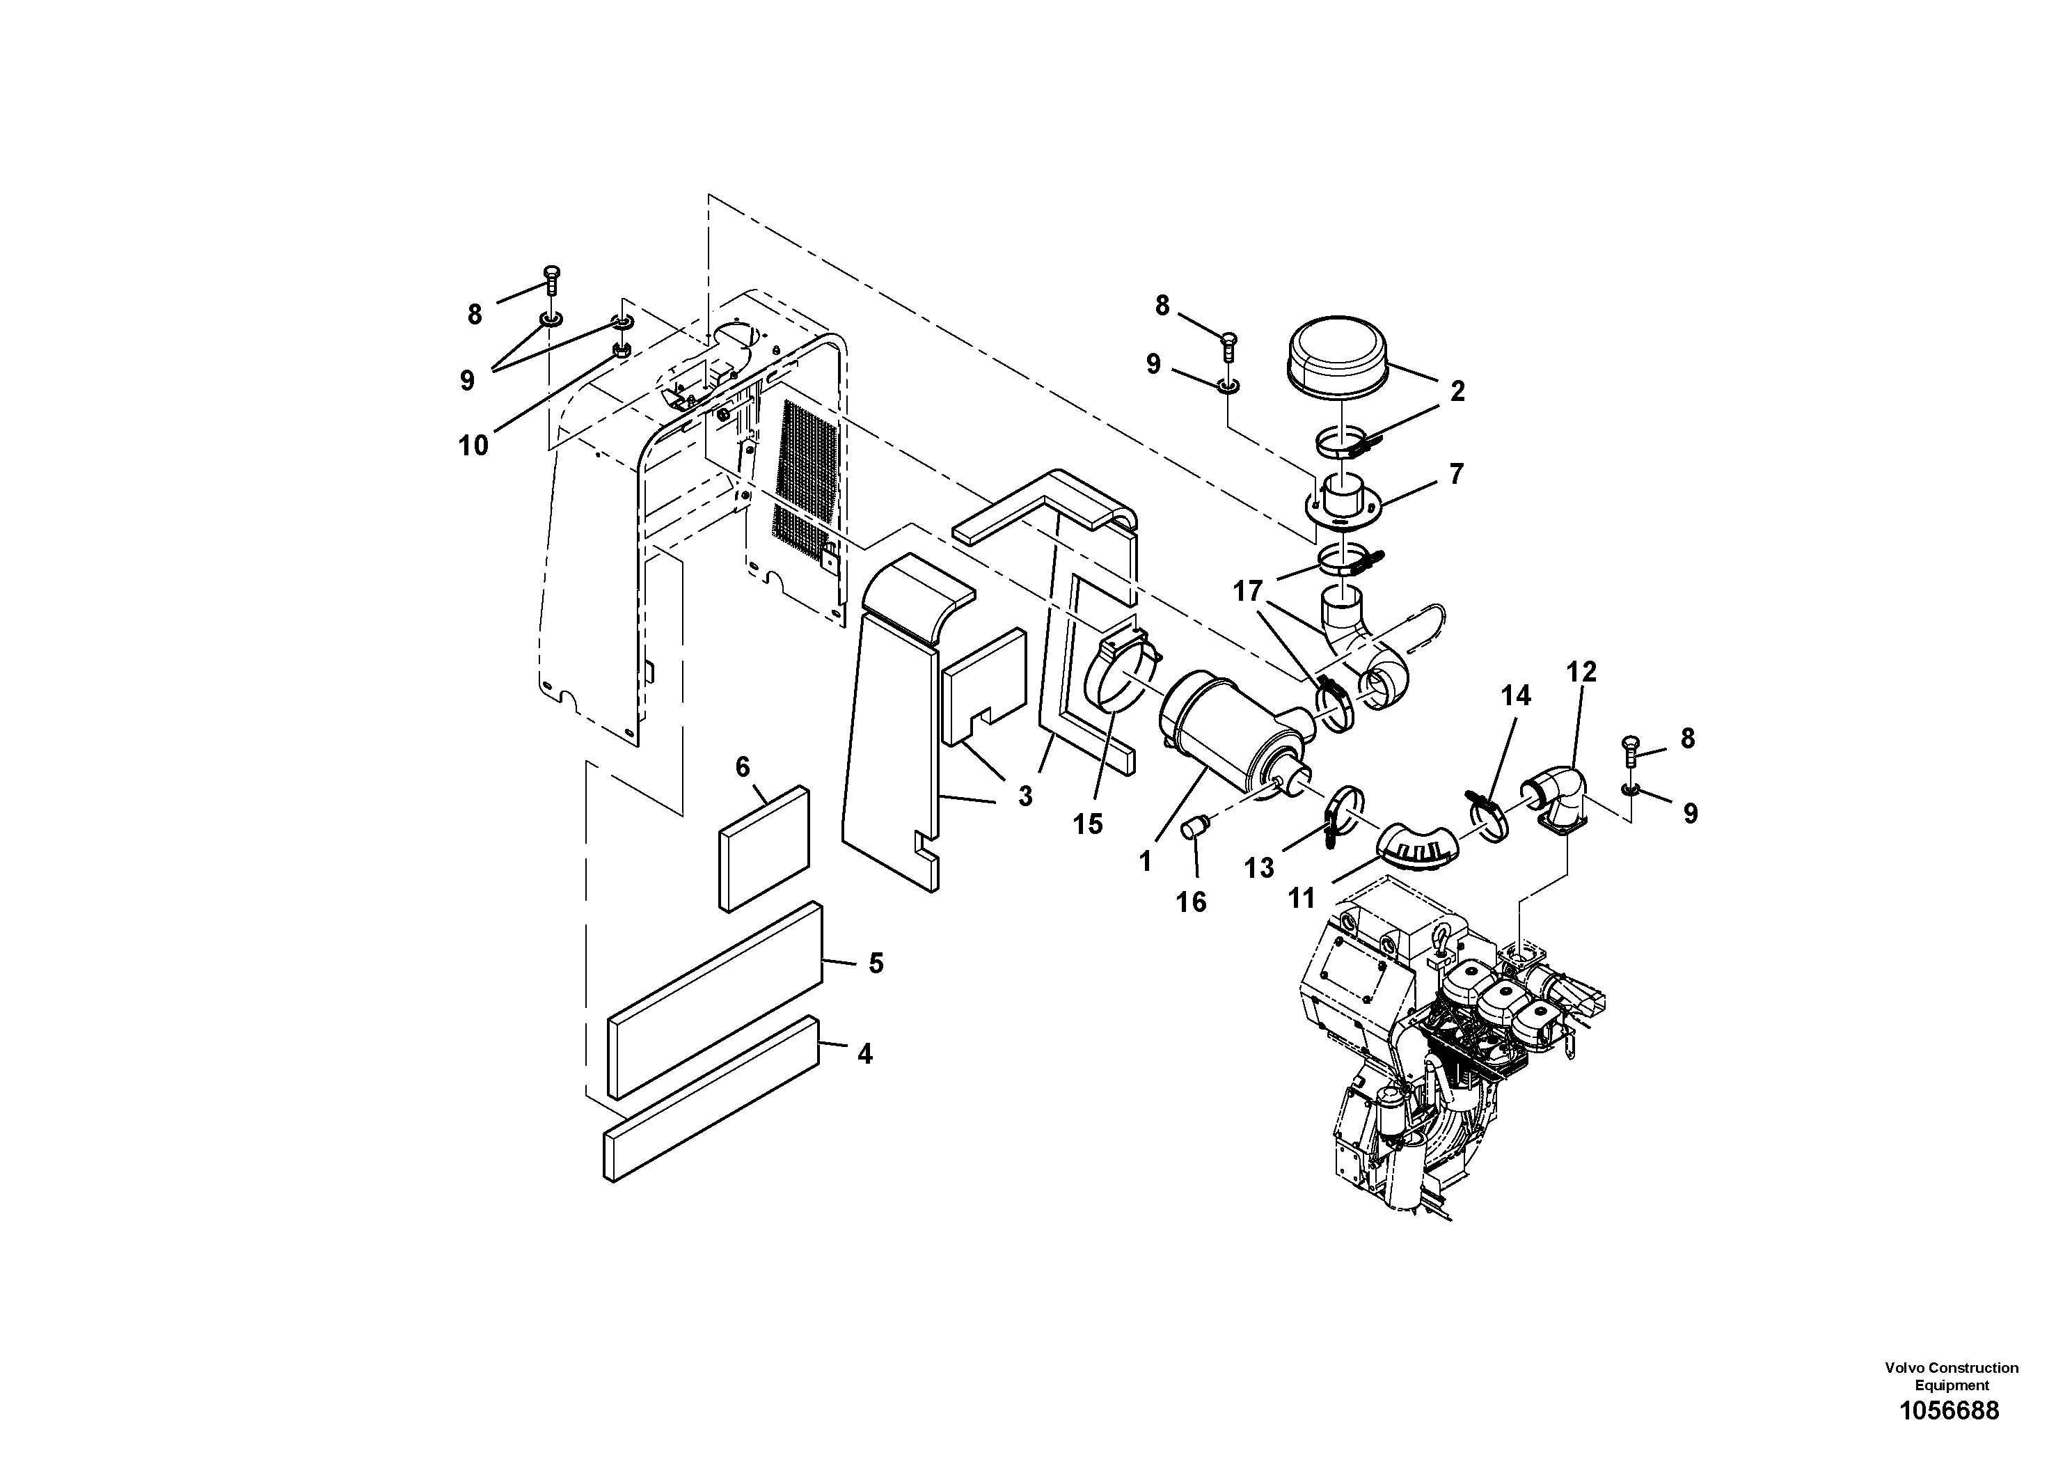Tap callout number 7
(1455, 474)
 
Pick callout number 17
(1248, 592)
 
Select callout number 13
(1259, 868)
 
